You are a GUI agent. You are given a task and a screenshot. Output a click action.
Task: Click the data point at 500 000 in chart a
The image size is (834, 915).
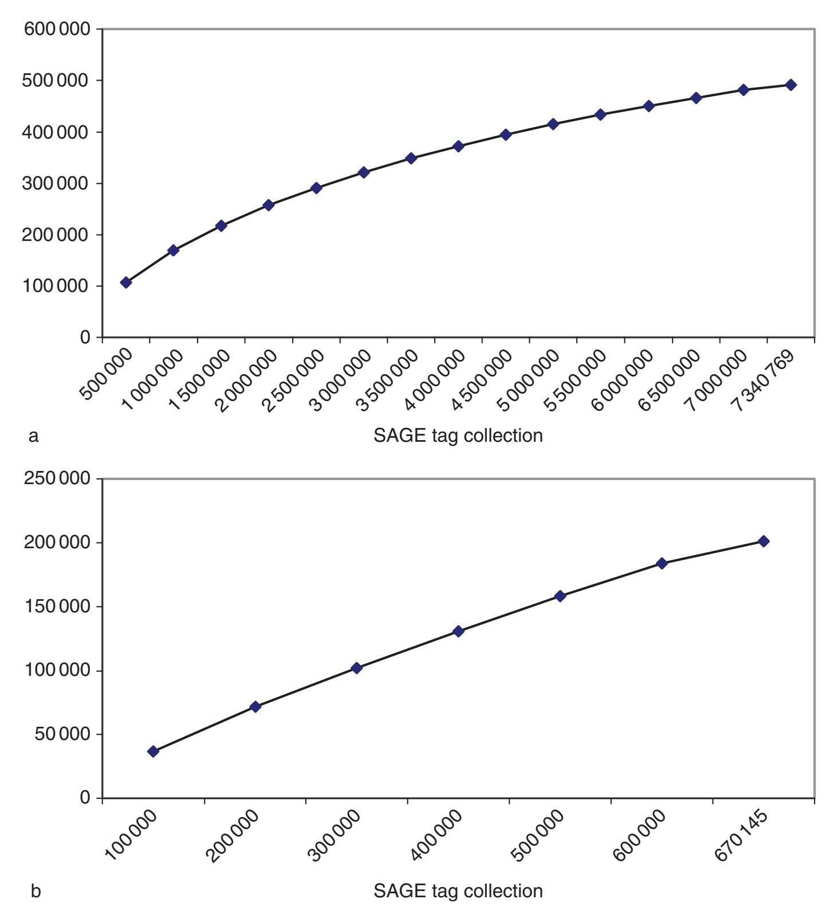click(x=126, y=282)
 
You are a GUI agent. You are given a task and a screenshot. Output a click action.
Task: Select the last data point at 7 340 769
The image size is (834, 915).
click(x=791, y=85)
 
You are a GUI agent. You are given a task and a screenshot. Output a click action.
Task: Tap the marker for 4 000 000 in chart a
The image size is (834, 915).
click(x=458, y=146)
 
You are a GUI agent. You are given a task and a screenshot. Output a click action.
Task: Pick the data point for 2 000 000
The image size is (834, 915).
click(x=269, y=205)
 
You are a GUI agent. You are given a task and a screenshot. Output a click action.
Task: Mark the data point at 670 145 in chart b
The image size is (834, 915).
click(x=764, y=541)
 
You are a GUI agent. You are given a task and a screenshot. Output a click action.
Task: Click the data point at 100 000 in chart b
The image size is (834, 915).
click(x=153, y=751)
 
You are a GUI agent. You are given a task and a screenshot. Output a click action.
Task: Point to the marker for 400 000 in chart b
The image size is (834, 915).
click(x=458, y=631)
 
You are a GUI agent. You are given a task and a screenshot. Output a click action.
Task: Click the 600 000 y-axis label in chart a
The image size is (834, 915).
click(x=57, y=29)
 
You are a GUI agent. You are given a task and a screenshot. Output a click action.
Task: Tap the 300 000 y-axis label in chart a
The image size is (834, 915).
click(x=57, y=183)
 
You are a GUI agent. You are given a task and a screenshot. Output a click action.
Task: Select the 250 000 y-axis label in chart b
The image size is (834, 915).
click(x=57, y=478)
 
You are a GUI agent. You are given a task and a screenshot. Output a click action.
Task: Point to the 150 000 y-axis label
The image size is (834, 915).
click(x=57, y=607)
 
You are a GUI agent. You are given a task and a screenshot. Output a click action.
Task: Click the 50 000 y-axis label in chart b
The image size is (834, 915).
click(x=62, y=734)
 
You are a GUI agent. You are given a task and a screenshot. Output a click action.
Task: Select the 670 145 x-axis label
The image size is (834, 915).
click(x=742, y=838)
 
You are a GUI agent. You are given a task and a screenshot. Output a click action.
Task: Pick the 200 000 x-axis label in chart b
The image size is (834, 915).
click(x=233, y=838)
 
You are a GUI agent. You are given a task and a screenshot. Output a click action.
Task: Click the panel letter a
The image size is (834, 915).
click(x=34, y=436)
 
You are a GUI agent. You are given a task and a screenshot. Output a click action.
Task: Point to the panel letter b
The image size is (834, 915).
click(x=36, y=891)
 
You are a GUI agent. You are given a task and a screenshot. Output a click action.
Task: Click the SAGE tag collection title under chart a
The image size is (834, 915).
click(x=458, y=435)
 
